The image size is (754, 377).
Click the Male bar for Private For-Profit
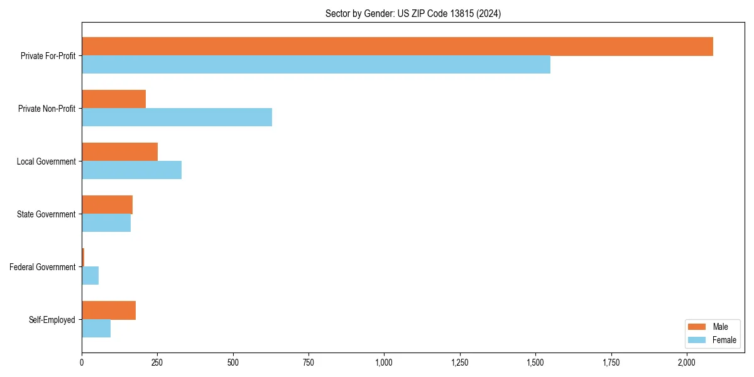point(397,46)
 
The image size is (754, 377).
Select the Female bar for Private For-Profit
point(316,65)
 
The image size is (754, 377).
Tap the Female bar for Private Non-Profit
point(177,117)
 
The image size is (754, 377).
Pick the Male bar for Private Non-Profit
point(114,99)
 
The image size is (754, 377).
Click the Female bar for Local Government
point(131,170)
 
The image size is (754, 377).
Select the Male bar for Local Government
point(119,152)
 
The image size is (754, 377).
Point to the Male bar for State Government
point(107,205)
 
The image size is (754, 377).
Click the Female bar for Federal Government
point(90,275)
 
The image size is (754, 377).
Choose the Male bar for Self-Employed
point(109,310)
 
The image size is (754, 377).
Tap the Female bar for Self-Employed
point(96,328)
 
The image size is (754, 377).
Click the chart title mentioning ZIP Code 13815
point(413,13)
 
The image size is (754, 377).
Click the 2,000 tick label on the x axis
point(687,363)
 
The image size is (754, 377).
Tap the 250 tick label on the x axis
point(157,363)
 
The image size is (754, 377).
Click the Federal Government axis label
point(42,267)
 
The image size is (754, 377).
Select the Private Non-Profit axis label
point(46,109)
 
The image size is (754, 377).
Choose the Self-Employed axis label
point(52,320)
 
